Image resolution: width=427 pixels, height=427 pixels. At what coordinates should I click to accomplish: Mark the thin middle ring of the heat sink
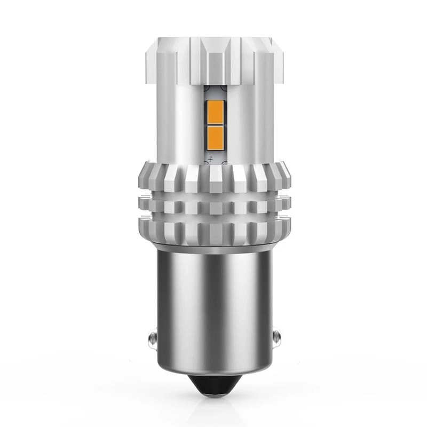[x=213, y=204]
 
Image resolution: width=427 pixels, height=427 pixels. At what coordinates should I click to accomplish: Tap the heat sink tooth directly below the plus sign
[x=213, y=179]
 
